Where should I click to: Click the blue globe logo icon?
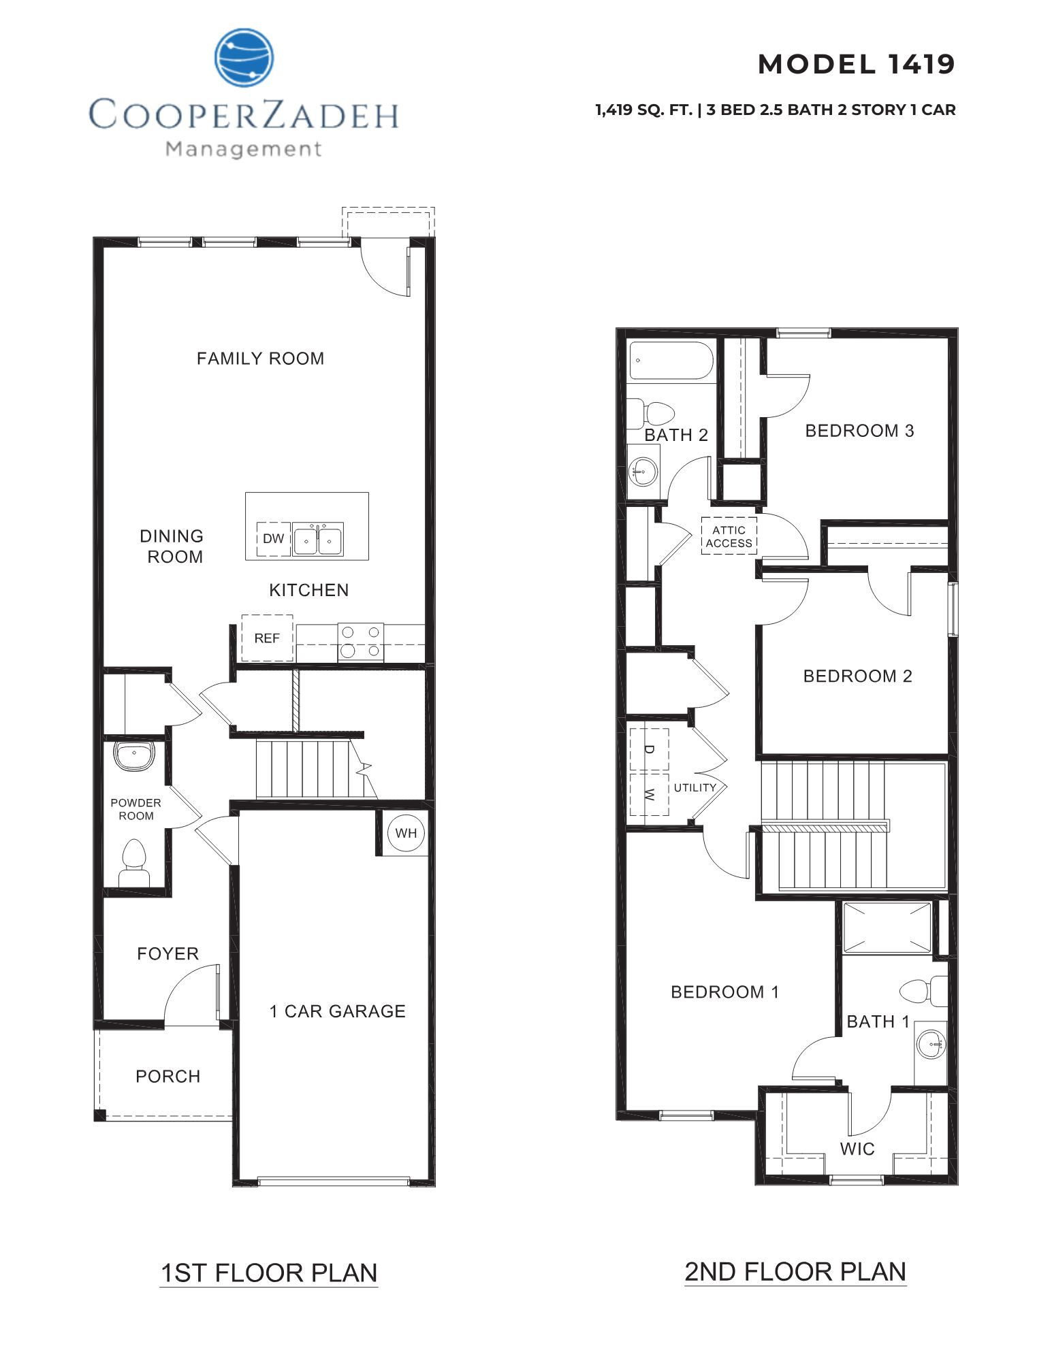pyautogui.click(x=244, y=58)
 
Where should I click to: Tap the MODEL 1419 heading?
pyautogui.click(x=856, y=65)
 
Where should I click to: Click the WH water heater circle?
pyautogui.click(x=406, y=833)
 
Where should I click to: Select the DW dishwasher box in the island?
pyautogui.click(x=274, y=539)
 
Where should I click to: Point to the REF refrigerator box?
pyautogui.click(x=267, y=638)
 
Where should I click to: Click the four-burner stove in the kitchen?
pyautogui.click(x=360, y=642)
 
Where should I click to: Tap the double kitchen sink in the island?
pyautogui.click(x=318, y=540)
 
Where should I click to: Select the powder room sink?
pyautogui.click(x=134, y=755)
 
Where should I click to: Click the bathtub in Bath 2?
pyautogui.click(x=671, y=360)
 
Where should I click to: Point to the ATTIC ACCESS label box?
pyautogui.click(x=729, y=536)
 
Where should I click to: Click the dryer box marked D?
pyautogui.click(x=649, y=749)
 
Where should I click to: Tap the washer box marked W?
pyautogui.click(x=649, y=794)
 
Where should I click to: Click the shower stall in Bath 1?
pyautogui.click(x=887, y=927)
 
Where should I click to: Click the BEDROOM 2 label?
pyautogui.click(x=857, y=676)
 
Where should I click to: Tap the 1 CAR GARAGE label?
pyautogui.click(x=338, y=1011)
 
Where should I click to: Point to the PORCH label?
pyautogui.click(x=168, y=1077)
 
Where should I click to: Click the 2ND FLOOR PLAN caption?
pyautogui.click(x=795, y=1271)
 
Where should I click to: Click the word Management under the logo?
pyautogui.click(x=244, y=149)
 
